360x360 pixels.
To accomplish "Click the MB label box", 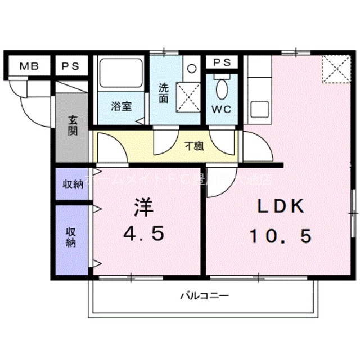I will (29, 66).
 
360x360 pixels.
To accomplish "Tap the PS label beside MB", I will (71, 66).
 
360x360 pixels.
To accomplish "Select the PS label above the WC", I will (222, 62).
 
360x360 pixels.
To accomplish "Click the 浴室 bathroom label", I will (121, 106).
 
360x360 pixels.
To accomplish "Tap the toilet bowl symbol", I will (222, 88).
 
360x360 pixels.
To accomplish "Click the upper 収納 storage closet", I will (71, 184).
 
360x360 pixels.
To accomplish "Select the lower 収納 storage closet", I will (71, 237).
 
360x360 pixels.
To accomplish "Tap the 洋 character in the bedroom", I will (143, 208).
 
